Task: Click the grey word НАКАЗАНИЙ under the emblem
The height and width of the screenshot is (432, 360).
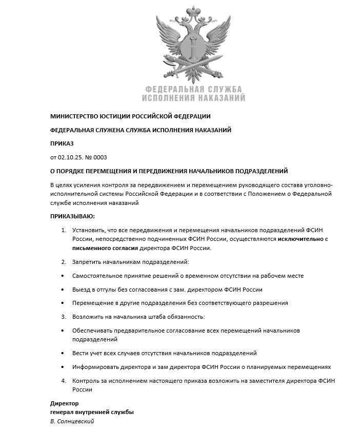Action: (220, 97)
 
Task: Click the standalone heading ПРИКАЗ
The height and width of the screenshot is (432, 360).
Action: (62, 143)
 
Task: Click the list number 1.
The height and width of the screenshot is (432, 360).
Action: (63, 231)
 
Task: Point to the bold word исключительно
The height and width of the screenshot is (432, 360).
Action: (297, 239)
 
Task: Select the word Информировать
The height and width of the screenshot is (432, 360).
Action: (96, 367)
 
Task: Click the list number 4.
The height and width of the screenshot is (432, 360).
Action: (63, 381)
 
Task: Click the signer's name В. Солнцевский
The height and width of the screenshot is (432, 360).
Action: (72, 421)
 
